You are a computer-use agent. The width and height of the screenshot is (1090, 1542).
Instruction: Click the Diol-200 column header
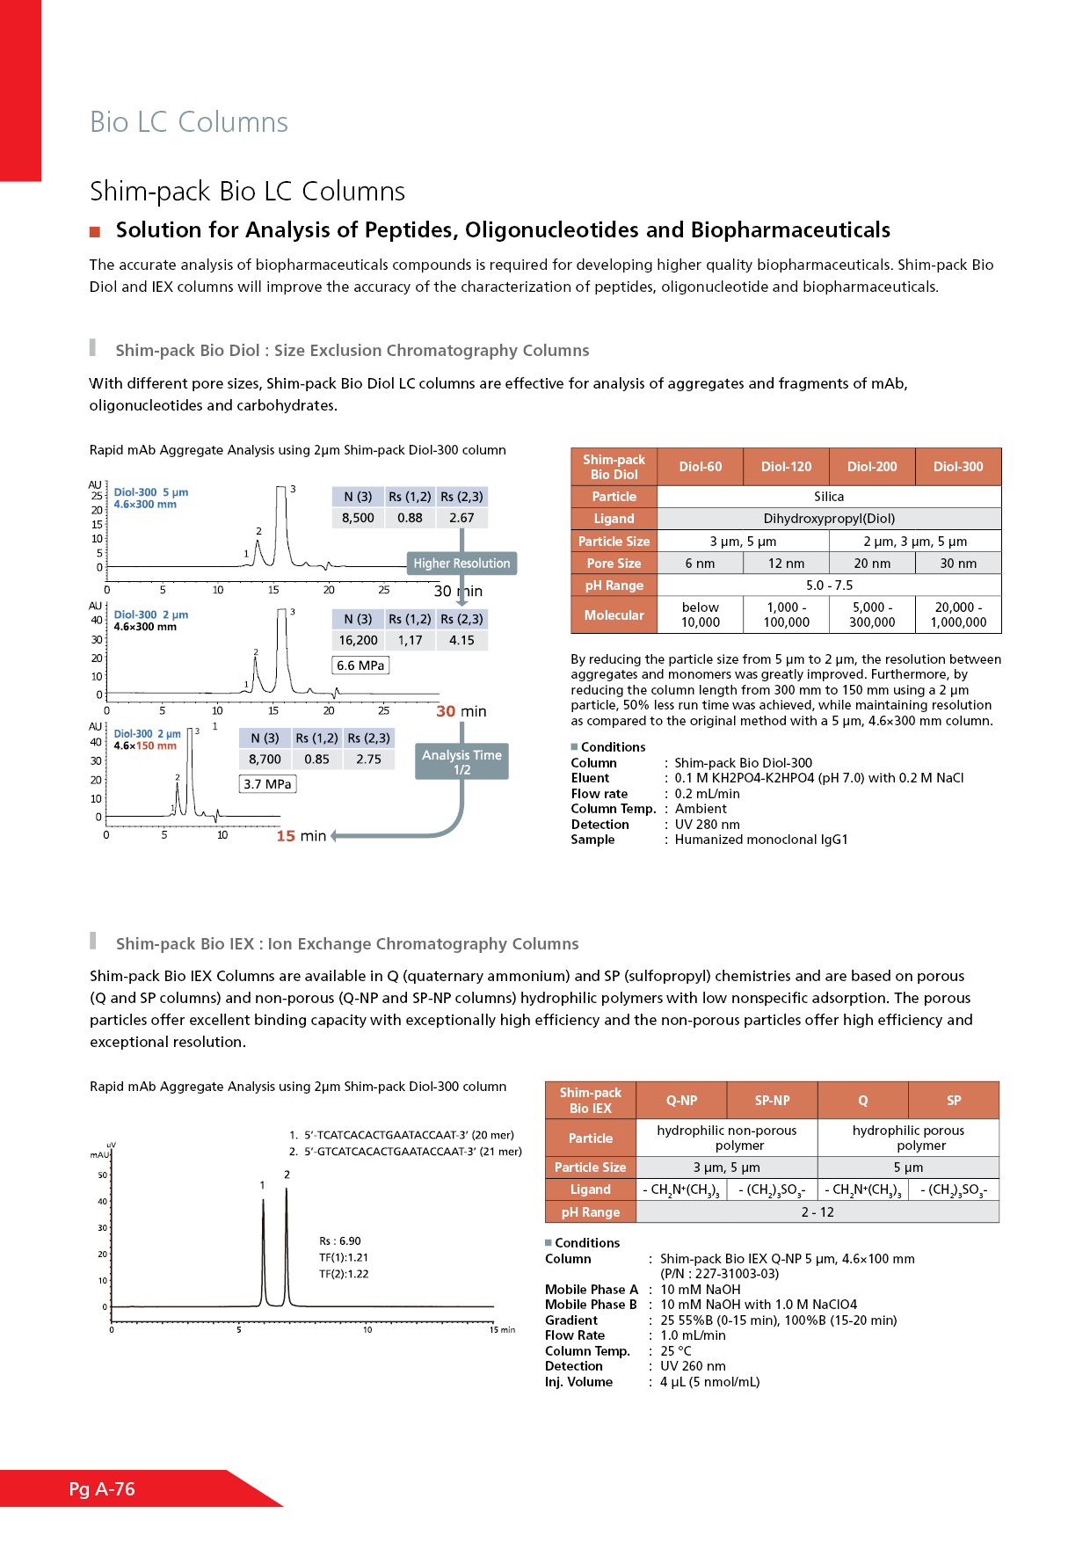point(872,467)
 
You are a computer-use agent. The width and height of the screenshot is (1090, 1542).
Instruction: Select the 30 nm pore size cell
point(958,564)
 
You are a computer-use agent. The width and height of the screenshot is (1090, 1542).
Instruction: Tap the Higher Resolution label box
point(461,564)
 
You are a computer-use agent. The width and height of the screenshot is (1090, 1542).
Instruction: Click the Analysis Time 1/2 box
point(461,761)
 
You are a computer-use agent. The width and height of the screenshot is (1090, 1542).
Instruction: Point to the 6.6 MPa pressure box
point(360,666)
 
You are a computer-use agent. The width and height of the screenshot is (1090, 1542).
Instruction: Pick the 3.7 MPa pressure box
point(267,784)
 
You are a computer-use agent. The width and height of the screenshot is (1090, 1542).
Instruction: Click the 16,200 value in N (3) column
point(358,641)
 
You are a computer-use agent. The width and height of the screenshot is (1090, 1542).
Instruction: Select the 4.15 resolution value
point(461,641)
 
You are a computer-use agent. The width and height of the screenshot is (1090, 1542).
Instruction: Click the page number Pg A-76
point(102,1489)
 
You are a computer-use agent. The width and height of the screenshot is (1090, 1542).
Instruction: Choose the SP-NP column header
point(772,1101)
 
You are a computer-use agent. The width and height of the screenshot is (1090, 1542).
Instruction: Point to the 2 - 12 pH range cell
point(817,1212)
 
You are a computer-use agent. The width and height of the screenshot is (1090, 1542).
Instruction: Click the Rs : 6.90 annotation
point(340,1241)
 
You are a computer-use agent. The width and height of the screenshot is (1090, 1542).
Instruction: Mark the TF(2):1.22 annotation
point(344,1274)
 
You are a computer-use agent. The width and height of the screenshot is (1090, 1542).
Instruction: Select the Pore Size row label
point(614,564)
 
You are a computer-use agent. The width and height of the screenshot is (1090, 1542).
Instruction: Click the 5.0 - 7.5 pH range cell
point(829,586)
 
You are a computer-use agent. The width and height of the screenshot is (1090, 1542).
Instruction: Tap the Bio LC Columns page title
point(189,122)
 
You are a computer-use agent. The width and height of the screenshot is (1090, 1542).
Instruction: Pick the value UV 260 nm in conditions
point(693,1366)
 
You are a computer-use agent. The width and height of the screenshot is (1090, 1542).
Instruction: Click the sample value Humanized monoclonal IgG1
point(761,840)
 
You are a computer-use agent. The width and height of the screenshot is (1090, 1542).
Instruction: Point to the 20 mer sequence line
point(402,1135)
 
